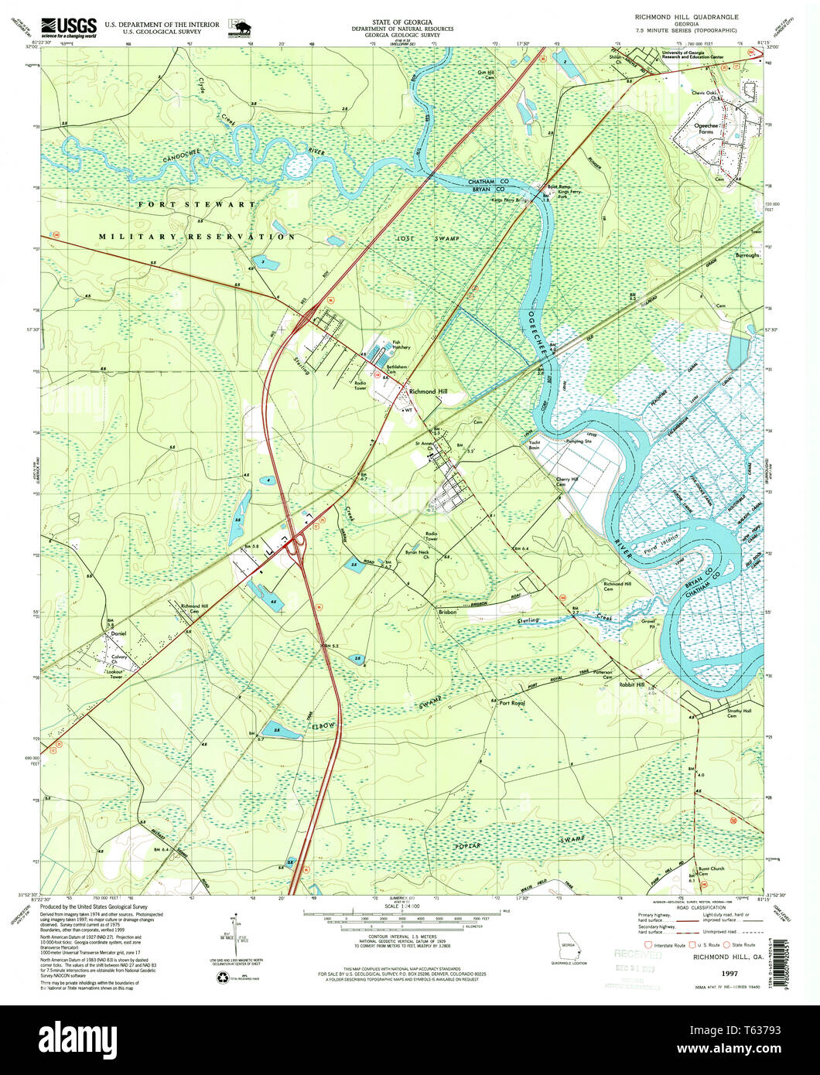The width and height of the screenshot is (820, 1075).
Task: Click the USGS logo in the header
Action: tap(69, 27)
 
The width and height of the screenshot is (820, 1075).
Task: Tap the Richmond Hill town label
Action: tap(428, 392)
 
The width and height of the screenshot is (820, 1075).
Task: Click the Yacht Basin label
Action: tap(529, 445)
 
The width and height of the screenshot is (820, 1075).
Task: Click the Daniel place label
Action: tap(118, 633)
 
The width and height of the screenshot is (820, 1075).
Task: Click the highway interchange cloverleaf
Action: tap(295, 546)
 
